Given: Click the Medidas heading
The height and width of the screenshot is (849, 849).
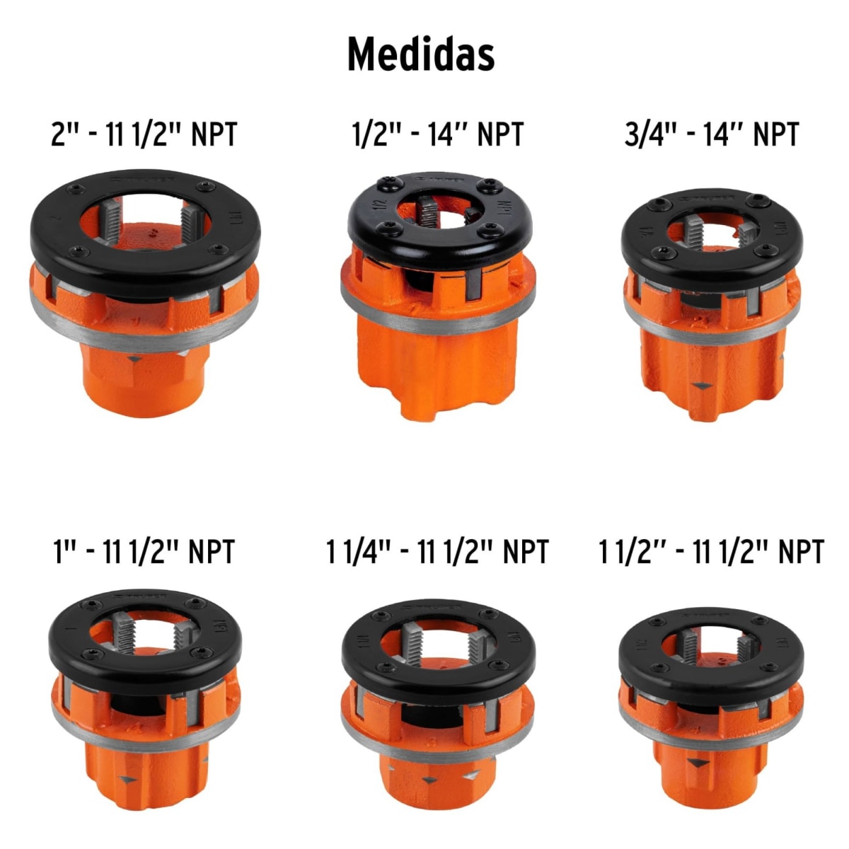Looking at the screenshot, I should coord(420,54).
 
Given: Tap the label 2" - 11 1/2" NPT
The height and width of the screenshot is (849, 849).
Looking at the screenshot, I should coord(144,134).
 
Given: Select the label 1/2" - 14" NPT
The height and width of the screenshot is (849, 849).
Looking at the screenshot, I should coord(438,134).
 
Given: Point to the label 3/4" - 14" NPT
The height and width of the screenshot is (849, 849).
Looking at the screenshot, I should coord(711,134).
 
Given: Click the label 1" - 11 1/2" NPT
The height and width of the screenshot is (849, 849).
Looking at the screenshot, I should coord(144,551).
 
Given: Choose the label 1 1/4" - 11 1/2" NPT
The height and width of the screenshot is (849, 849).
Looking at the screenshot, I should coord(437,551).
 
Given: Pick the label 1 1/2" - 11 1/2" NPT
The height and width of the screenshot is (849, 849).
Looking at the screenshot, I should coord(711,551).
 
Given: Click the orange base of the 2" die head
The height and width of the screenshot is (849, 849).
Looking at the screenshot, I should coord(145,379).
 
